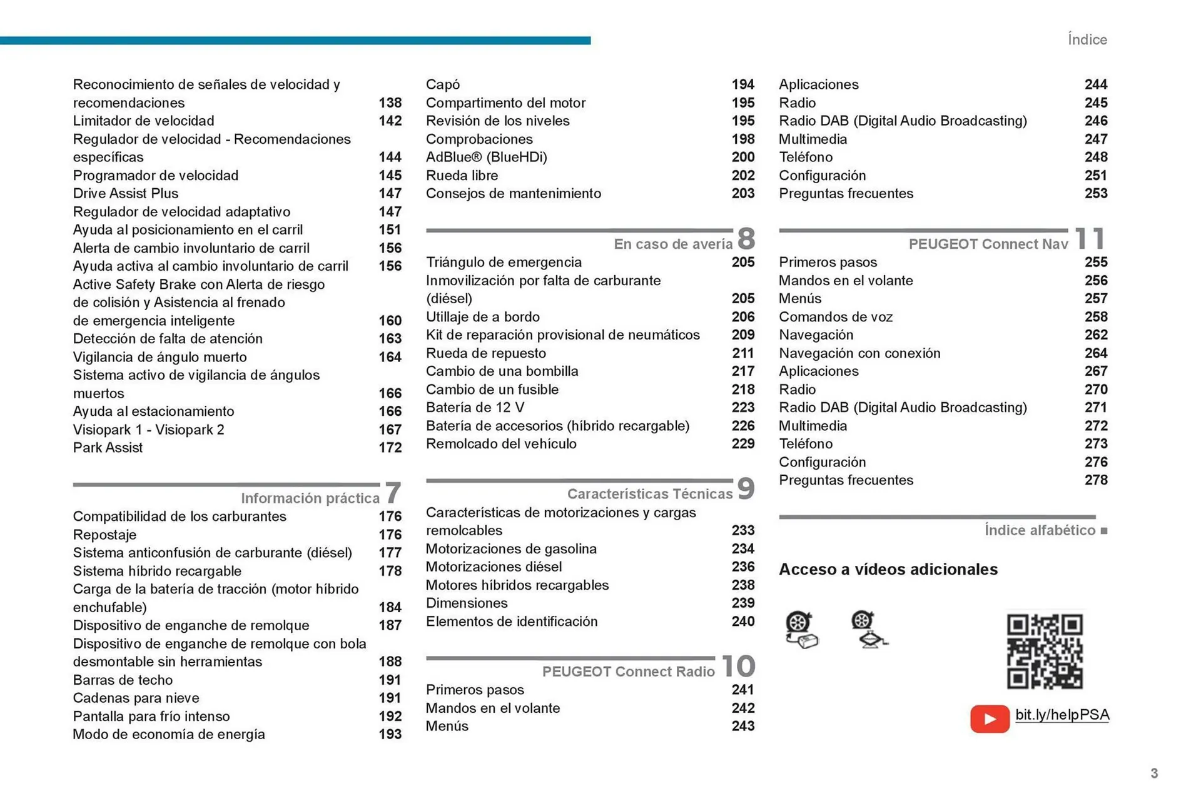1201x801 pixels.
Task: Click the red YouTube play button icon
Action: [990, 718]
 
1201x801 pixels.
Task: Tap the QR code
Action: [1044, 651]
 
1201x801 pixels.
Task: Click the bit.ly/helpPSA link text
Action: [1062, 715]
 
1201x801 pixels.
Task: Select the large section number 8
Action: [746, 238]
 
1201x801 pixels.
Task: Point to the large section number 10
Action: [738, 666]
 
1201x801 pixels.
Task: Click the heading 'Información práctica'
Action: [310, 498]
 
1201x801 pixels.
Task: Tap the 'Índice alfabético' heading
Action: [1040, 530]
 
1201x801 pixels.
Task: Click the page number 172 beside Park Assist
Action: [390, 448]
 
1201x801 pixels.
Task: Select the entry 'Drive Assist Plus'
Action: [126, 193]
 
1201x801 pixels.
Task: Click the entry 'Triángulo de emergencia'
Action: [504, 262]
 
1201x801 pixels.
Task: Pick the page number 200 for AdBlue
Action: [742, 157]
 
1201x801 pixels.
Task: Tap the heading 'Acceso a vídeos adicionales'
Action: [888, 569]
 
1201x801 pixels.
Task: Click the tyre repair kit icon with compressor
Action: [801, 630]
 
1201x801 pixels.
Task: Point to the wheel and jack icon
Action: [868, 630]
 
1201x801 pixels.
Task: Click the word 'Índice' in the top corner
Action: [1087, 39]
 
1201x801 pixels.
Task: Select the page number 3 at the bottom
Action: [1154, 773]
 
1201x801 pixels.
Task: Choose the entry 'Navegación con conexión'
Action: [859, 353]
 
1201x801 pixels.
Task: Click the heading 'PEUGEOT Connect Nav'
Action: [988, 244]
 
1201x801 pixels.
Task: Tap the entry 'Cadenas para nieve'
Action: [136, 698]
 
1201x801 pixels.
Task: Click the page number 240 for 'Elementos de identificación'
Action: [742, 622]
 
